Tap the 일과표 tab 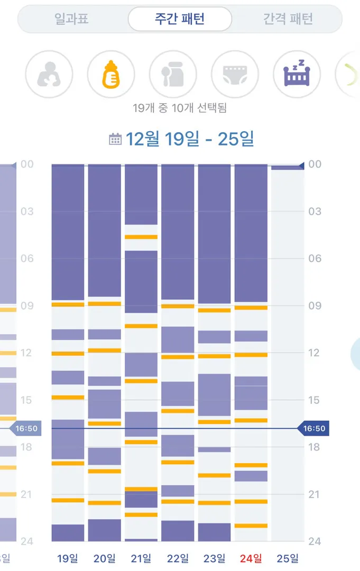tap(71, 19)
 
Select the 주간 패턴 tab tap(180, 19)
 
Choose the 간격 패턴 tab tap(288, 19)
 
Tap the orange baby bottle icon tap(111, 75)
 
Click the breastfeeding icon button tap(49, 75)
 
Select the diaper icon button tap(235, 75)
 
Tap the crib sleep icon tap(297, 75)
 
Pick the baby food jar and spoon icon tap(173, 75)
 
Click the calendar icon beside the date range tap(115, 139)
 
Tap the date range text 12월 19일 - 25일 tap(190, 139)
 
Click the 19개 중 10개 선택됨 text tap(180, 108)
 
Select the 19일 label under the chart tap(68, 558)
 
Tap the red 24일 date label tap(251, 558)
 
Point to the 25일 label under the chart tap(288, 558)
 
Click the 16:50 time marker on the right tap(313, 428)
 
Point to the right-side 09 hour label tap(315, 306)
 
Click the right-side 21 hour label tap(315, 494)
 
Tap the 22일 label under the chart tap(178, 558)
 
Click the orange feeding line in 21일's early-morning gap tap(141, 237)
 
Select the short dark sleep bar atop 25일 tap(288, 167)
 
